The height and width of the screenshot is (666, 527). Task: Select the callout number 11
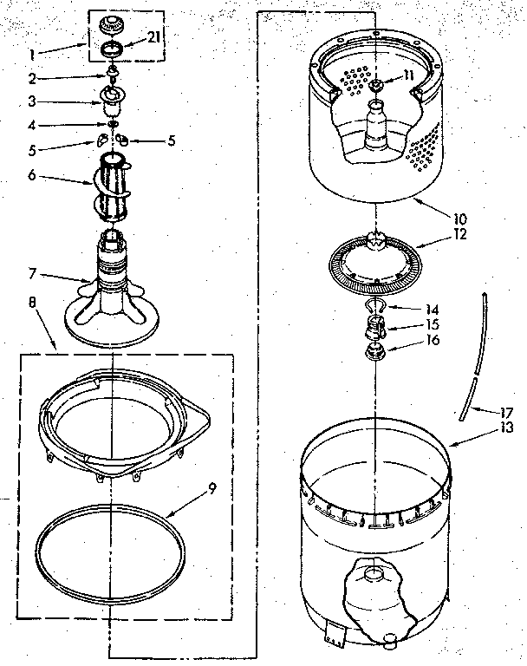pyautogui.click(x=408, y=75)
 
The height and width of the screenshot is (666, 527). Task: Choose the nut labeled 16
pyautogui.click(x=375, y=352)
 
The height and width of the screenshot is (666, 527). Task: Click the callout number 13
pyautogui.click(x=505, y=428)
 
